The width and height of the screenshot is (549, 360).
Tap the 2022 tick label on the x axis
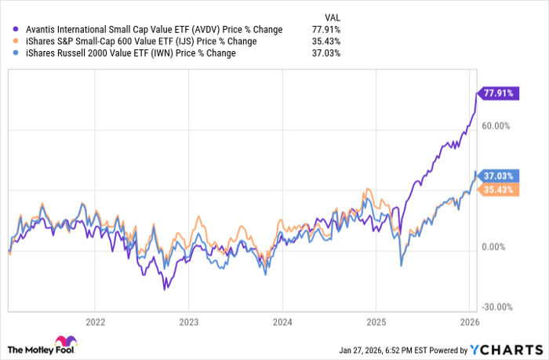[x=95, y=322]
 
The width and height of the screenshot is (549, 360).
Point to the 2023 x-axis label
[x=188, y=322]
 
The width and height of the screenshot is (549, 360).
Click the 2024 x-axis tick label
[x=282, y=322]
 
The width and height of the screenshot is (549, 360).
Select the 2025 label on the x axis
[x=376, y=322]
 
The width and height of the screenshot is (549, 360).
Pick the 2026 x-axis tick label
[x=469, y=322]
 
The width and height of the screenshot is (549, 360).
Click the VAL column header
[x=332, y=16]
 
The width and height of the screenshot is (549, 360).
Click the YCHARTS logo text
[x=514, y=349]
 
